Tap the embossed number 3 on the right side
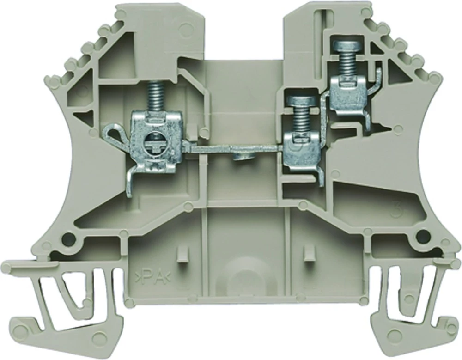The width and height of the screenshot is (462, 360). [x=396, y=211]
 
